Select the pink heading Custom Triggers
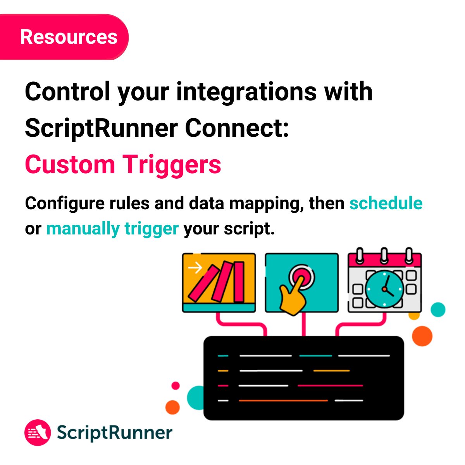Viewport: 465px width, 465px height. pyautogui.click(x=123, y=164)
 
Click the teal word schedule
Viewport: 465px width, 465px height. pyautogui.click(x=386, y=203)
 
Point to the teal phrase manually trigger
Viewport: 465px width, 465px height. pyautogui.click(x=112, y=229)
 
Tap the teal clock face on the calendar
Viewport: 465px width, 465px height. pyautogui.click(x=385, y=289)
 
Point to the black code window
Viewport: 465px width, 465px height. pyautogui.click(x=303, y=378)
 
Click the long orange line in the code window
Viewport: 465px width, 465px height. pyautogui.click(x=283, y=400)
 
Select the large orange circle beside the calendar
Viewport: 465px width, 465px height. pyautogui.click(x=422, y=336)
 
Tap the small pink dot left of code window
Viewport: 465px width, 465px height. pyautogui.click(x=176, y=386)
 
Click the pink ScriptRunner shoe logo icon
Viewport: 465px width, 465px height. pyautogui.click(x=38, y=432)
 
